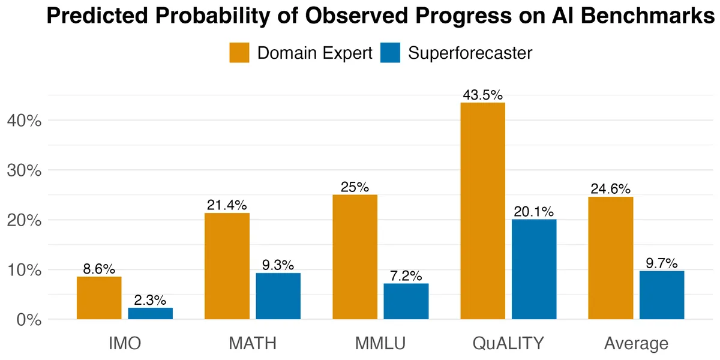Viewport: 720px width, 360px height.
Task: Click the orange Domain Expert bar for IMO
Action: (x=99, y=298)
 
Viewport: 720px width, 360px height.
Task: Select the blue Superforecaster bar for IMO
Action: (x=151, y=313)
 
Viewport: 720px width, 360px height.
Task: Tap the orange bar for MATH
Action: (x=227, y=266)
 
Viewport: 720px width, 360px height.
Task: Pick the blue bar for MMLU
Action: (x=406, y=301)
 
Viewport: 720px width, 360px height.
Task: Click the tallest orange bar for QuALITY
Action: (x=483, y=211)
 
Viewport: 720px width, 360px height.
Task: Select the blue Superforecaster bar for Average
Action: (x=662, y=295)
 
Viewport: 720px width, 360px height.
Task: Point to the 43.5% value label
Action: (x=483, y=95)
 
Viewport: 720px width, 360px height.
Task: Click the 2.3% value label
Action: (x=150, y=300)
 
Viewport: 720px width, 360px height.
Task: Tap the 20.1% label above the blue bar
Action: (x=534, y=211)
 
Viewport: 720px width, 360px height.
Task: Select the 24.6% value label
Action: (x=610, y=188)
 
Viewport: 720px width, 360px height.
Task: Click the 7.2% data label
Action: (x=406, y=276)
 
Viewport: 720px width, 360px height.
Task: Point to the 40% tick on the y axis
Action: (x=24, y=121)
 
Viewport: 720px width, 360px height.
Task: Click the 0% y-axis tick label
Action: (x=29, y=320)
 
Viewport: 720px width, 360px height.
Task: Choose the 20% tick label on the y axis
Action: (x=24, y=221)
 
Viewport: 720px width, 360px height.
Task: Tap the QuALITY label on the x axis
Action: (x=508, y=343)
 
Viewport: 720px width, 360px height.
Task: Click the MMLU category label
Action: (x=380, y=343)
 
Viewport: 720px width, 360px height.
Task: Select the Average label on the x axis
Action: (x=636, y=343)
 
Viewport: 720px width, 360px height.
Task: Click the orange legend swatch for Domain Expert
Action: (x=239, y=53)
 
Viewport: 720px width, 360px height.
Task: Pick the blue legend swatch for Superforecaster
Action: (x=390, y=53)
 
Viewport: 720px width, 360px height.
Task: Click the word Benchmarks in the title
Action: (x=647, y=16)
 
